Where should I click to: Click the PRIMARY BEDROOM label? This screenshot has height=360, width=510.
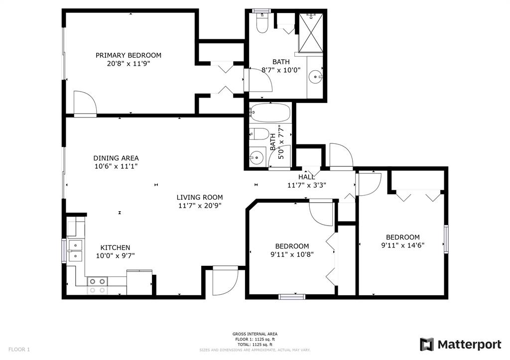coord(128,55)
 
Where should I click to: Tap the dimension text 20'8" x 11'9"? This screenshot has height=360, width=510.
coord(128,63)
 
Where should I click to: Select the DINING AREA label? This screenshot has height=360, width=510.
coord(116,158)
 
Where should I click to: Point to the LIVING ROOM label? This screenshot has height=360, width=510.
coord(200,197)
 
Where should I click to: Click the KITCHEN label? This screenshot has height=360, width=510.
coord(115,248)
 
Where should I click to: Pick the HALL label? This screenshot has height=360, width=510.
coord(307,177)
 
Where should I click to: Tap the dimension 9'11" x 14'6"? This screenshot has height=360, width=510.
coord(402,245)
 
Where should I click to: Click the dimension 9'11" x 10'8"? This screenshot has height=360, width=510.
coord(292,254)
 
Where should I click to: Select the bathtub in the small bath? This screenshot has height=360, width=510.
coord(269,113)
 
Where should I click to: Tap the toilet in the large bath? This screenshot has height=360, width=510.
coord(262,23)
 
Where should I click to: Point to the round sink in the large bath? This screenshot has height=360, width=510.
coord(315,77)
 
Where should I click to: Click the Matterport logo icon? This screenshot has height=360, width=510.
coord(427,345)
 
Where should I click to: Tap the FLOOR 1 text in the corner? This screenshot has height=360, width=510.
coord(19,350)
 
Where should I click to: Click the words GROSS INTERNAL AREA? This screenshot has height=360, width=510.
coord(255,334)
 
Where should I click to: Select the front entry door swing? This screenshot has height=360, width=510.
coord(225,281)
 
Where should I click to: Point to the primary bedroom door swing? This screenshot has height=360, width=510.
coord(85,103)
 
